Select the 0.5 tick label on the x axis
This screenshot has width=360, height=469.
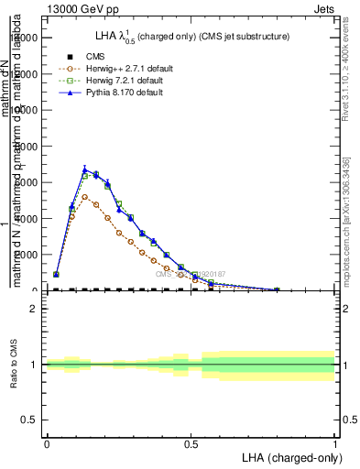[191, 444]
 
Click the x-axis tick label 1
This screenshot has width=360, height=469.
[335, 444]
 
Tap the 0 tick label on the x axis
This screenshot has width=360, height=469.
[47, 444]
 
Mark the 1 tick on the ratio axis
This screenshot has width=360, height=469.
[34, 365]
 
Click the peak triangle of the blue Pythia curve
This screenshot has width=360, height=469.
[85, 169]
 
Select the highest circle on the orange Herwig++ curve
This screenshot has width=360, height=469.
[85, 197]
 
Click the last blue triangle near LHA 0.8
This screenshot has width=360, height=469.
[277, 289]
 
